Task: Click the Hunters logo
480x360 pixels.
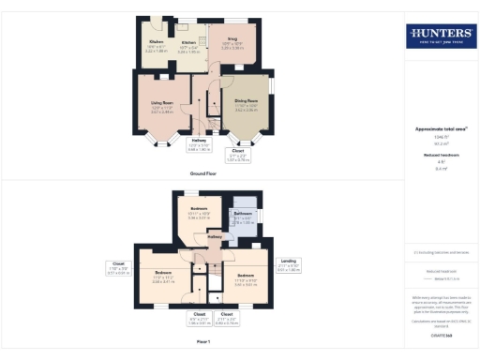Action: pyautogui.click(x=439, y=36)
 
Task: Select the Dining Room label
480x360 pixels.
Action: pyautogui.click(x=247, y=103)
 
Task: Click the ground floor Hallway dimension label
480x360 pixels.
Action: pyautogui.click(x=199, y=145)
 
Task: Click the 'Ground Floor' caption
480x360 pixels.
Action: pyautogui.click(x=203, y=174)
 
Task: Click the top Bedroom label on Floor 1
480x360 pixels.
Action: pyautogui.click(x=199, y=211)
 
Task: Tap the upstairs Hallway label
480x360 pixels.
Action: pyautogui.click(x=214, y=238)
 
